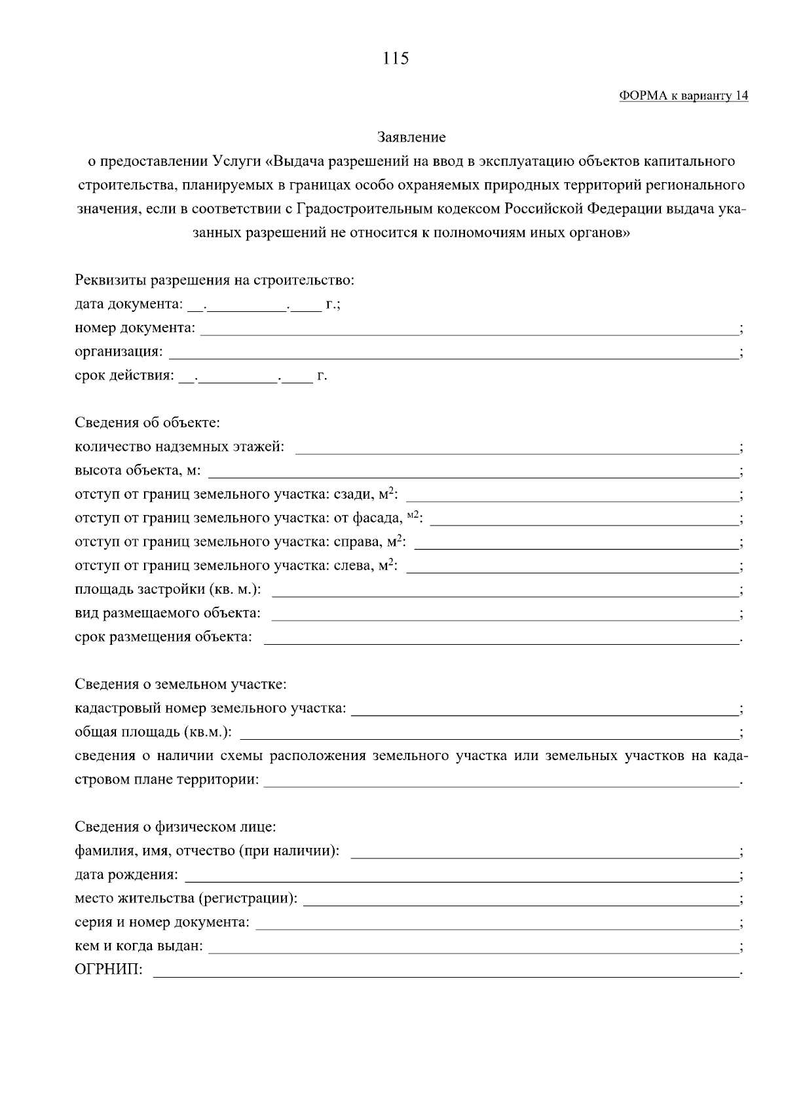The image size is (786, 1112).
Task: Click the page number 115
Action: [396, 59]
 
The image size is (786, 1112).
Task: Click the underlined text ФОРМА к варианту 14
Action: [683, 96]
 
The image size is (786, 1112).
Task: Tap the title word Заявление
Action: [411, 138]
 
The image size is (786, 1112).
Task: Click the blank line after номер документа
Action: [468, 330]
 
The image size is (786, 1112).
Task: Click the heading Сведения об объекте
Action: [147, 423]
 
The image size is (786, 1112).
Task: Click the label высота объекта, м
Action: [138, 471]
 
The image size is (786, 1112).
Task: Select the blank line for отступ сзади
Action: [572, 496]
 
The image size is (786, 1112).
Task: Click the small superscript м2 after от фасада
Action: [413, 516]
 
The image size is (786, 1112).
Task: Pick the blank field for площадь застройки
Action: [504, 591]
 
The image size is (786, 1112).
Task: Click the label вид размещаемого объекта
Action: [167, 614]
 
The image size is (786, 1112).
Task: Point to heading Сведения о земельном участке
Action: [181, 685]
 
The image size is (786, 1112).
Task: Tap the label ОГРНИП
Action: [109, 970]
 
